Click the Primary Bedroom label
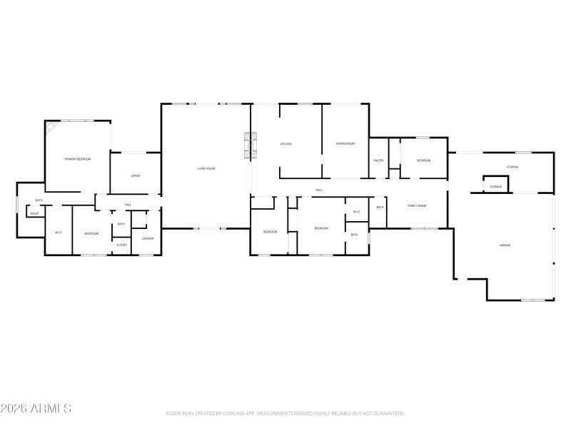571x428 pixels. [78, 159]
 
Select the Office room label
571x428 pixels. [135, 175]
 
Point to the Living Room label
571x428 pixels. [206, 168]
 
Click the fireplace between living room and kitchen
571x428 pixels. [248, 145]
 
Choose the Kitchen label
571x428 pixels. [285, 144]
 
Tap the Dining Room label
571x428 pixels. [345, 144]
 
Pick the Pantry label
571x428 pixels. [378, 160]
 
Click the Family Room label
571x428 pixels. [417, 206]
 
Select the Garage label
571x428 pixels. [505, 245]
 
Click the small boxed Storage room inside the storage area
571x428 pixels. [495, 187]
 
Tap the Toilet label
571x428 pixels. [34, 213]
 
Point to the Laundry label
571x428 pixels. [148, 239]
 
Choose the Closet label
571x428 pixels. [122, 245]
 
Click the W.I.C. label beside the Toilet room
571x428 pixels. [59, 233]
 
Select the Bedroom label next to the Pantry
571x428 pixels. [423, 160]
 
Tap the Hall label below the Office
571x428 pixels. [128, 205]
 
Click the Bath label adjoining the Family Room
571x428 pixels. [380, 207]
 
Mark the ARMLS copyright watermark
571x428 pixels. [36, 409]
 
